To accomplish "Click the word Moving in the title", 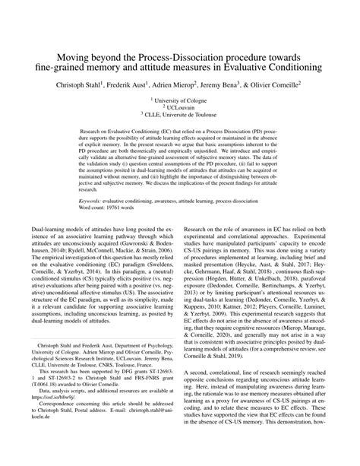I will pyautogui.click(x=72, y=57).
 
